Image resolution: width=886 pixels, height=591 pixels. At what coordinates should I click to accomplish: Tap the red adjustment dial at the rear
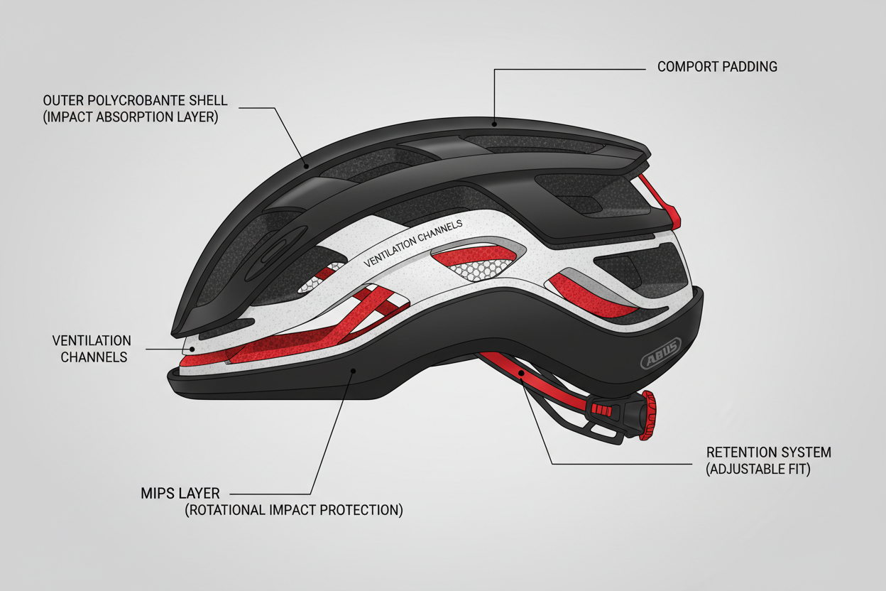[648, 416]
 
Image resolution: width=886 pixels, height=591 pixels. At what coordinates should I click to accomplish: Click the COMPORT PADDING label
[717, 67]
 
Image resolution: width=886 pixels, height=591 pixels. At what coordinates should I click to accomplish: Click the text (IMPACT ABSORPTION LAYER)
[131, 117]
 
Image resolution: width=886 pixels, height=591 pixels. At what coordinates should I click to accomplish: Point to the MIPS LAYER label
[180, 494]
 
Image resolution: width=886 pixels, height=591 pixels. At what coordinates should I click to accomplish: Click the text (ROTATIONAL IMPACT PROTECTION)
[294, 510]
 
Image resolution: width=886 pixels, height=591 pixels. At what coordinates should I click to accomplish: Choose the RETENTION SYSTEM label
[769, 452]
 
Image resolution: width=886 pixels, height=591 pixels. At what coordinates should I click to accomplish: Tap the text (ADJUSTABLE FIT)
[758, 470]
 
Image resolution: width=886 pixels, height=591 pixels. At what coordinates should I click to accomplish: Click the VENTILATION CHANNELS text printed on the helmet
[413, 244]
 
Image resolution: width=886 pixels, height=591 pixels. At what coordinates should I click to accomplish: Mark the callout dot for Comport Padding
[494, 124]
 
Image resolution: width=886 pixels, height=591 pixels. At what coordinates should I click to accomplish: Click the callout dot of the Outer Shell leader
[306, 167]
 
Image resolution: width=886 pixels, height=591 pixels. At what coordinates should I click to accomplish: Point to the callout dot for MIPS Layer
[354, 371]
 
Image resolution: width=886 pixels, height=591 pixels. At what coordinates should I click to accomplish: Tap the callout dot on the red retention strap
[521, 373]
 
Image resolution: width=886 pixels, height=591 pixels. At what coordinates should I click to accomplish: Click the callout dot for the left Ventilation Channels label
[192, 349]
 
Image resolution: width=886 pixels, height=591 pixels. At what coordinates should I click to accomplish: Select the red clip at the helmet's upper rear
[662, 202]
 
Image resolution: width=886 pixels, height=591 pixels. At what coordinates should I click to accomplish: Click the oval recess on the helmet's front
[276, 254]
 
